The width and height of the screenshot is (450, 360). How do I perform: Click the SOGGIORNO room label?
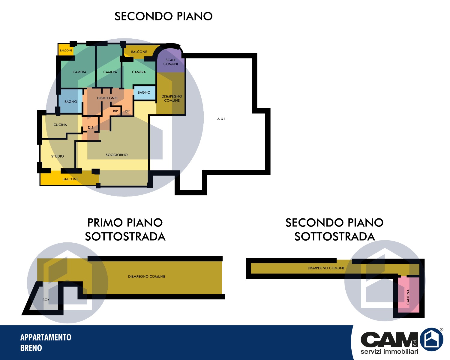116,155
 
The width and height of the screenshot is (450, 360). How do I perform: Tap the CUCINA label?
60,125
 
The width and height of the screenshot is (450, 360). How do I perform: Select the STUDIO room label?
58,156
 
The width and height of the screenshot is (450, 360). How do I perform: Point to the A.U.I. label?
222,119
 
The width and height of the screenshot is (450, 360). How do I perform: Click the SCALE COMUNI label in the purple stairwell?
171,62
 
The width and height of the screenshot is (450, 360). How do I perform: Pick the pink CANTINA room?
409,295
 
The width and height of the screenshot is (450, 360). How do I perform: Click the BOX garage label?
46,300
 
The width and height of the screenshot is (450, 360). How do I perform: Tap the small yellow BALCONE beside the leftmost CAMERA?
66,50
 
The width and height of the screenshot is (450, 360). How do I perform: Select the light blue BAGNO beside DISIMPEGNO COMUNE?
145,93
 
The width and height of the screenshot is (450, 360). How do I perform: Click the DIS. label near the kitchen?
91,127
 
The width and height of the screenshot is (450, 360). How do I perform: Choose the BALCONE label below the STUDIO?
70,179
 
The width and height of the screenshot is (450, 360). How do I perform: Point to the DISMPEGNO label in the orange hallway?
107,98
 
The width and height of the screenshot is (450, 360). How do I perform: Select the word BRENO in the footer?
31,348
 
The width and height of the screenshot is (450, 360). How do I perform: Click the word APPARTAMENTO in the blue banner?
46,337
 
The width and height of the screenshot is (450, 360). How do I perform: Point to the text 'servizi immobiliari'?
389,351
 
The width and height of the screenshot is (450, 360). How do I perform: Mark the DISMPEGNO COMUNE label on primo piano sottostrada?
147,277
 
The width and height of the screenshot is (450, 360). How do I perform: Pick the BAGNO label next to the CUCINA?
71,102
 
